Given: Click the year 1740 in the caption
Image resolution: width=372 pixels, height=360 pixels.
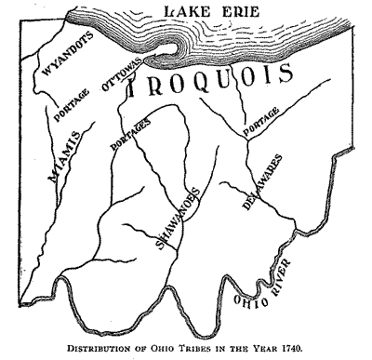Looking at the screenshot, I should coord(299,350).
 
